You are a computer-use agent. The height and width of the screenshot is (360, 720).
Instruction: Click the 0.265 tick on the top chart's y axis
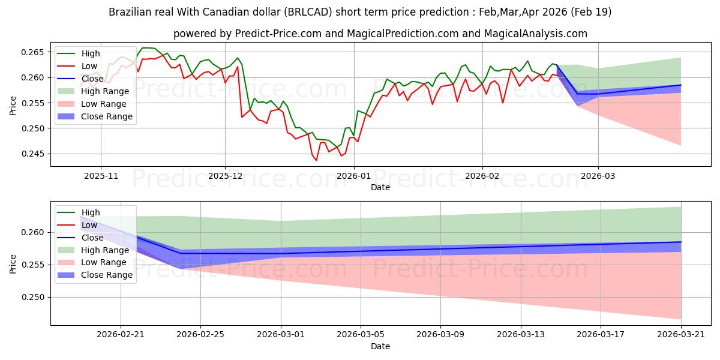click(32, 52)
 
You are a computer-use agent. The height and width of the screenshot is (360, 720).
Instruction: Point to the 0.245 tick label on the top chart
click(32, 154)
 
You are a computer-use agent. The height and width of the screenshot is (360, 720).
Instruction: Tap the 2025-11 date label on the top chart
click(101, 176)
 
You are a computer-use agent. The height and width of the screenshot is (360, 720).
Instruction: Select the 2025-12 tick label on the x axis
click(226, 176)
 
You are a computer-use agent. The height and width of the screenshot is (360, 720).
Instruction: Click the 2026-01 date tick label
click(353, 176)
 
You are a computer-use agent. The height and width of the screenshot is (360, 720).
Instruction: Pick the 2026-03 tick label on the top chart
click(598, 176)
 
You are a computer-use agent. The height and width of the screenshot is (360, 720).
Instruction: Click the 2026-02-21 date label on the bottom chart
click(121, 335)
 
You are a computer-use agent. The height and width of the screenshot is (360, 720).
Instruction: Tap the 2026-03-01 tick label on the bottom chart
click(281, 335)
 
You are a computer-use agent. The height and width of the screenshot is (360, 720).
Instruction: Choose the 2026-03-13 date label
click(521, 335)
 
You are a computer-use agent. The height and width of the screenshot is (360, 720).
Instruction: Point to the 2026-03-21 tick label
click(681, 335)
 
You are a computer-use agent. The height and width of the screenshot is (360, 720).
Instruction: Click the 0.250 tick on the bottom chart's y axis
click(32, 298)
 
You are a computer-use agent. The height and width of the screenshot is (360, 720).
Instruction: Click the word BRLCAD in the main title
click(308, 12)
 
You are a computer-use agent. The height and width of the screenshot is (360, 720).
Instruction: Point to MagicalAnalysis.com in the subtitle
click(535, 34)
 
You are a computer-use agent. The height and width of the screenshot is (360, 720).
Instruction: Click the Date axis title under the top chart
click(380, 187)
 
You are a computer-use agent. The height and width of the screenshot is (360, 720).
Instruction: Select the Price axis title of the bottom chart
click(13, 264)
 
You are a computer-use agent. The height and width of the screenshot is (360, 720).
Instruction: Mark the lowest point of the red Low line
click(316, 160)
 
